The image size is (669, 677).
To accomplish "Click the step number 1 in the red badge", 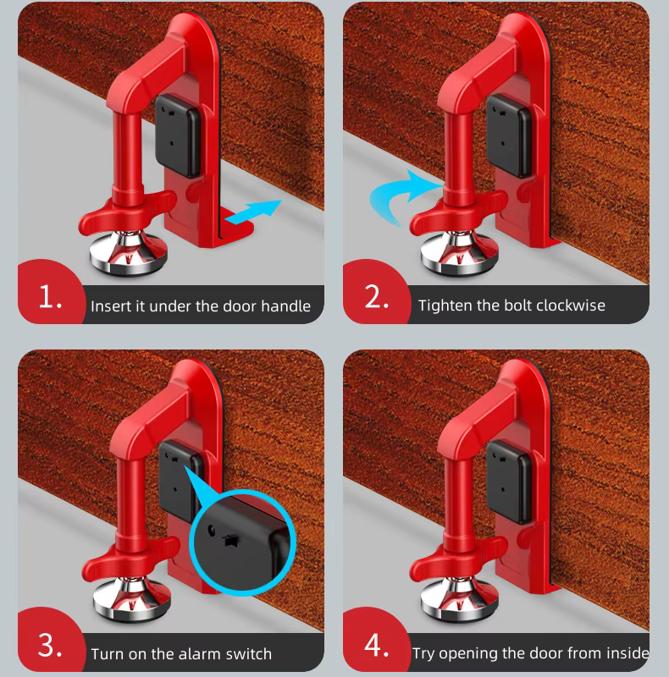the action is click(x=50, y=297).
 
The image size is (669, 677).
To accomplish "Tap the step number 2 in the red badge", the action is click(x=377, y=297).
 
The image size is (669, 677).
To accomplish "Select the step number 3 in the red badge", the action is click(x=50, y=646).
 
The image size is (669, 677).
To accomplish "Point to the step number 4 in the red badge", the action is click(x=377, y=646).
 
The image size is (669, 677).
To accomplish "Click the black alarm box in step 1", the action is click(x=178, y=136).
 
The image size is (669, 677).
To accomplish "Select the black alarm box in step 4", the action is click(x=509, y=482).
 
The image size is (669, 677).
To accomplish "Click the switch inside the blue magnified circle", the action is click(x=229, y=540).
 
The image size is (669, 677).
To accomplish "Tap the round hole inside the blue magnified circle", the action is click(x=212, y=530).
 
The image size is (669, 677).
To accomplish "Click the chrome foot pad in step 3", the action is click(x=132, y=599).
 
